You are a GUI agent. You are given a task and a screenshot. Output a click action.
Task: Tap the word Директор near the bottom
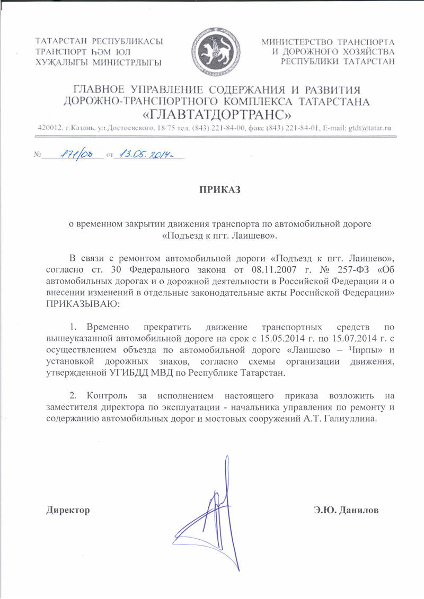[x=67, y=511]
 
